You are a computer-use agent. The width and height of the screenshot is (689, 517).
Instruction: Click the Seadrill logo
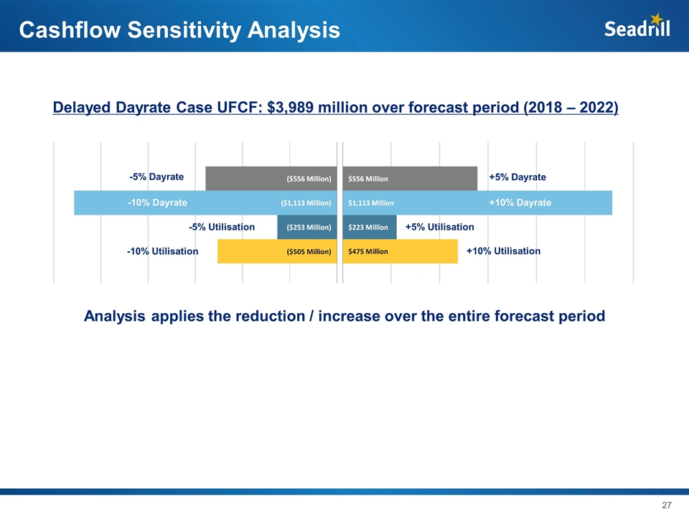coord(637,27)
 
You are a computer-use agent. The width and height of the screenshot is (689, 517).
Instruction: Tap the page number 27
coord(666,506)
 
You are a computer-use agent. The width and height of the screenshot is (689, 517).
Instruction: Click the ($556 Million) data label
coord(309,179)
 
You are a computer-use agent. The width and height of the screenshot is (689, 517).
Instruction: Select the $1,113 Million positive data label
coord(371,203)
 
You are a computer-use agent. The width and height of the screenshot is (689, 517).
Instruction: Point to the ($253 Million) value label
coord(309,228)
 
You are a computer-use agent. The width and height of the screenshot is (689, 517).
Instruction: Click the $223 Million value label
coord(368,228)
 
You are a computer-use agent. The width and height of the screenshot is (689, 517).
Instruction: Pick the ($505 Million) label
coord(309,252)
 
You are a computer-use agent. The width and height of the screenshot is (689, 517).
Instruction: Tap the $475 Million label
coord(368,252)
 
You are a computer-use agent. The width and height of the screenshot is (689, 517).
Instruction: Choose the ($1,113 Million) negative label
coord(306,203)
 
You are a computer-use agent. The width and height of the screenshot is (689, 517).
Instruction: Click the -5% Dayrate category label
coord(156,177)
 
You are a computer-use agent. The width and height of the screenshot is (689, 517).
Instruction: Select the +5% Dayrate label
coord(517,177)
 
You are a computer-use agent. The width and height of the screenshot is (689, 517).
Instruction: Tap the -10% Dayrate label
coord(157,202)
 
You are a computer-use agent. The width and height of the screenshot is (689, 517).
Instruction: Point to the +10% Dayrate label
coord(520,202)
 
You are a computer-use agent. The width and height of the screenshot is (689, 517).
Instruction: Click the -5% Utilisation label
coord(222,227)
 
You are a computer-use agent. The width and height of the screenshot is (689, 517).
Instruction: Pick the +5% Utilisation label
coord(440,227)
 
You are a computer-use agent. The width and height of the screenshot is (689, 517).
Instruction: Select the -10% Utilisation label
coord(162,251)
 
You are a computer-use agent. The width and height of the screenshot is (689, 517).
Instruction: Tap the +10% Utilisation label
coord(503,251)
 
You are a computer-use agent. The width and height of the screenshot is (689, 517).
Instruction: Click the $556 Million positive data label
coord(368,179)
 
